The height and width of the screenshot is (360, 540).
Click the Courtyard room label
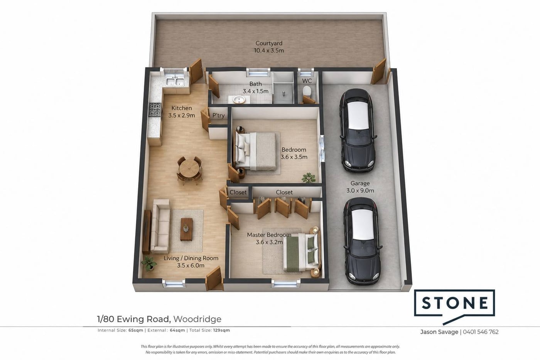[269, 43]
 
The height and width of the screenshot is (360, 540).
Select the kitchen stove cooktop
[155, 109]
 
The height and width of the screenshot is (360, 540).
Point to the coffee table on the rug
[186, 229]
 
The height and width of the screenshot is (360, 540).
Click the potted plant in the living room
[148, 263]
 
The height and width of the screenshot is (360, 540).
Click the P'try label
[218, 115]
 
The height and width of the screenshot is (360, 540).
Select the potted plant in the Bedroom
[308, 178]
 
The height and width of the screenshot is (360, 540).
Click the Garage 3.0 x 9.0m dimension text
[360, 191]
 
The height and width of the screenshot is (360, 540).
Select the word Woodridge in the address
[197, 319]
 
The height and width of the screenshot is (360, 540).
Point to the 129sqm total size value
[221, 330]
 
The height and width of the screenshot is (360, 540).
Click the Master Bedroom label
[269, 235]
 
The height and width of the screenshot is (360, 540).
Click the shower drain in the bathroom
[284, 93]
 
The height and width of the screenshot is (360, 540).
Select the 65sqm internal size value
[136, 330]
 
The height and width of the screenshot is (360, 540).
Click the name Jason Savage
[439, 332]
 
